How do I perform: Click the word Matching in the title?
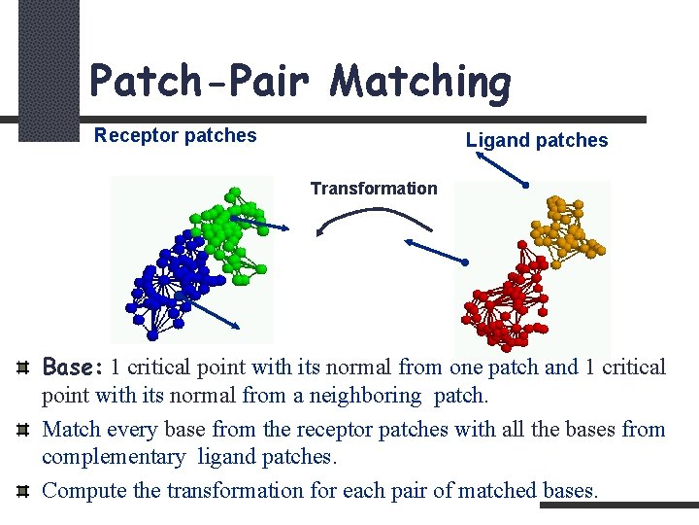(x=419, y=81)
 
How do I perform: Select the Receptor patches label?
(x=175, y=136)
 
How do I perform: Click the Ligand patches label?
(x=537, y=141)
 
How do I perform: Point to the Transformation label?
(x=374, y=189)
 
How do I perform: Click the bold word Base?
(x=74, y=367)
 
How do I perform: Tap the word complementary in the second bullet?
(x=114, y=457)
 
